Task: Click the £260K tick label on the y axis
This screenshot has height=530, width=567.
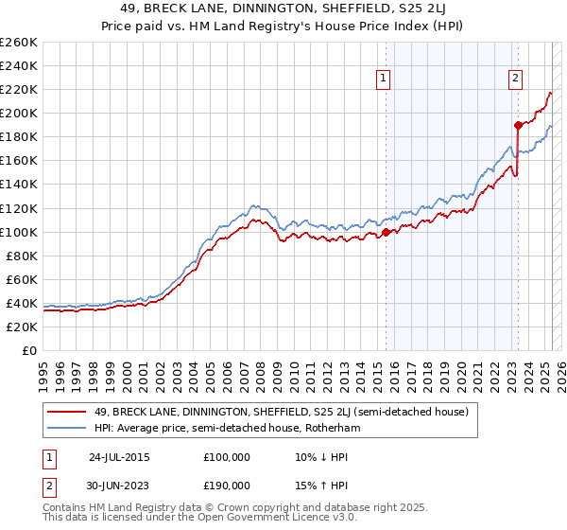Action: [19, 43]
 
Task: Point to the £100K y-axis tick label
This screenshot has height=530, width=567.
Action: [19, 232]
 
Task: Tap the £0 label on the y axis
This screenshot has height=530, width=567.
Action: [29, 350]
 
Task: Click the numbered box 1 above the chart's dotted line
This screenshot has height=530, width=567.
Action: [385, 79]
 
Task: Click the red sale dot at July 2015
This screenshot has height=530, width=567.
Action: [386, 232]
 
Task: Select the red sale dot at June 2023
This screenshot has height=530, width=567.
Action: [518, 125]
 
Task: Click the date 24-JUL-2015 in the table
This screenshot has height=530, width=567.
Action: [118, 456]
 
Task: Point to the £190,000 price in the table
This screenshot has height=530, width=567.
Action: [227, 485]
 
